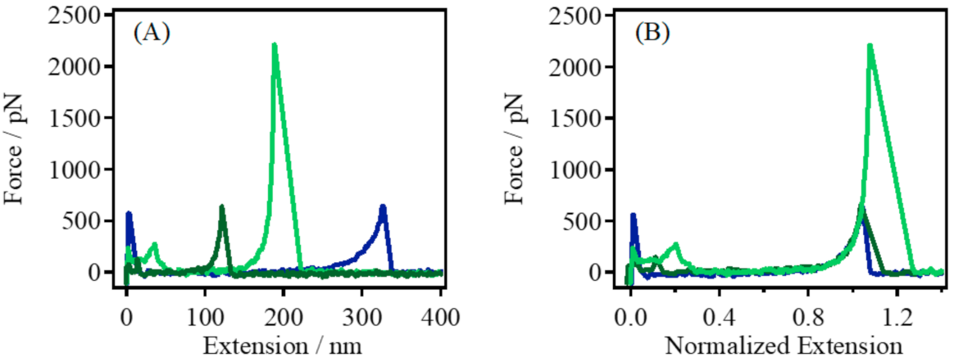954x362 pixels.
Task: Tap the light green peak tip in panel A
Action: (274, 46)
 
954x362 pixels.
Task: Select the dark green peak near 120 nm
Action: (221, 208)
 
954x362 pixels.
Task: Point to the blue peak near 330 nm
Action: (382, 208)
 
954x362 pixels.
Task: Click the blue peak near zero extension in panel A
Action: (129, 215)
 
